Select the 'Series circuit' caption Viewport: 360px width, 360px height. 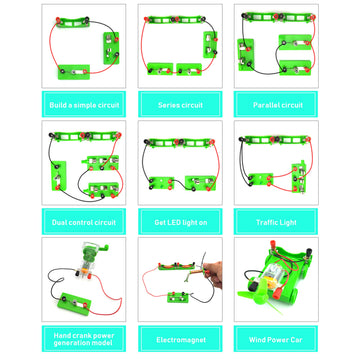180,104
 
